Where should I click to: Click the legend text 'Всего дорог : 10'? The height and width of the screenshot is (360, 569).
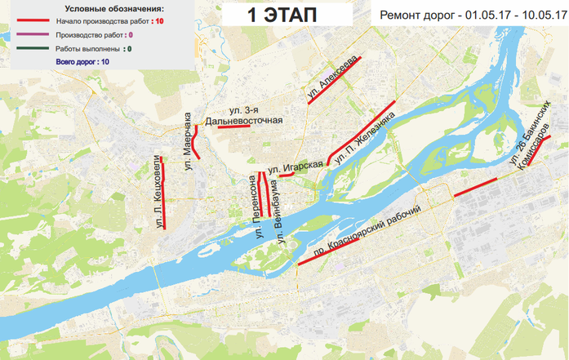[82, 61]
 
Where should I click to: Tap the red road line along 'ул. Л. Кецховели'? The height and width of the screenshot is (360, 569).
[164, 193]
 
